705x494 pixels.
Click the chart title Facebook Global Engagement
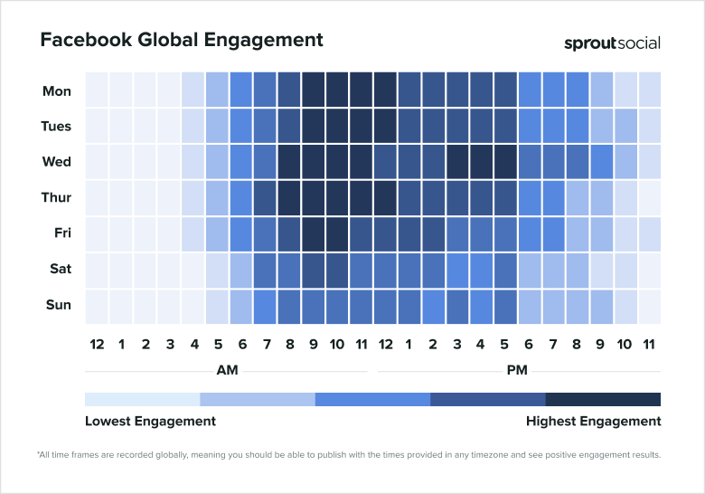[181, 41]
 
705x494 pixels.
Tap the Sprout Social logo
[612, 43]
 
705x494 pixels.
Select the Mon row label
[57, 91]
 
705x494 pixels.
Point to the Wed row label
[57, 162]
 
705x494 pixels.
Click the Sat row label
[59, 269]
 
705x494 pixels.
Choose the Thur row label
[56, 197]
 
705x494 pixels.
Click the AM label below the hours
[227, 370]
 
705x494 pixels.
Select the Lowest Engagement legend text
[150, 421]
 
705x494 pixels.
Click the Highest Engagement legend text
[593, 421]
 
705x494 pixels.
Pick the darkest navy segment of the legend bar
[603, 399]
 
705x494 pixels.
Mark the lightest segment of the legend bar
[142, 399]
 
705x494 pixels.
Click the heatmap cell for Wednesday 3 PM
[457, 162]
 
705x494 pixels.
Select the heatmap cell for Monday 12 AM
[97, 91]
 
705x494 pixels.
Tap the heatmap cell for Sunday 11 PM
[650, 305]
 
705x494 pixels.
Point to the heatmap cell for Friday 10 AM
[337, 233]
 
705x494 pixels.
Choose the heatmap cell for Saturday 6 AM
[240, 269]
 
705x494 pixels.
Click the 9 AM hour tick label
[313, 344]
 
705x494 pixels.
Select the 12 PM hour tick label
[385, 344]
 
